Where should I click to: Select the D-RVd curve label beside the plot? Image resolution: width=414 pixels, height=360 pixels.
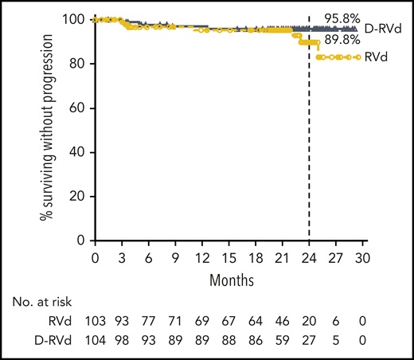[x=381, y=29]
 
